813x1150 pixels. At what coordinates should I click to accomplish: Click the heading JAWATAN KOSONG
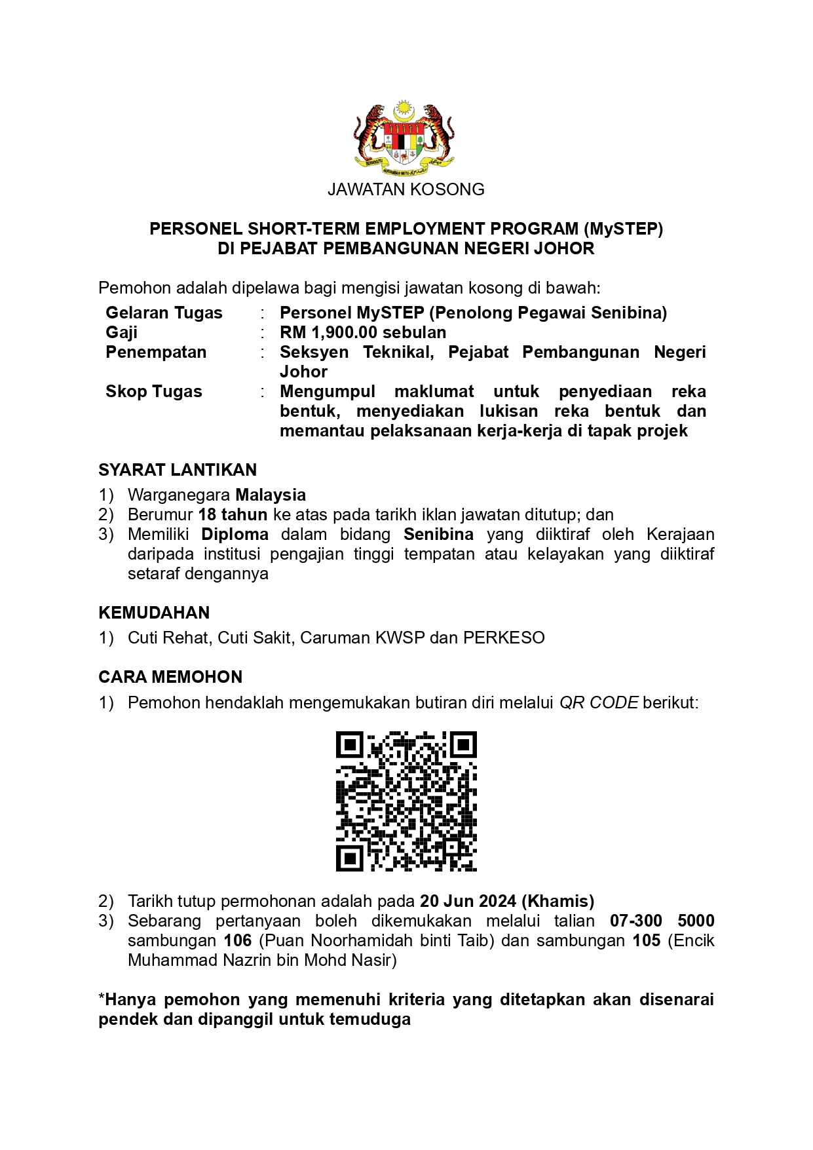406,189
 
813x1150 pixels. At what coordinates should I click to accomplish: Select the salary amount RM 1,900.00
328,332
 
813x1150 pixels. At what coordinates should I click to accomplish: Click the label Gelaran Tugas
164,313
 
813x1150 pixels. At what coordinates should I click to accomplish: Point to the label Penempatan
156,352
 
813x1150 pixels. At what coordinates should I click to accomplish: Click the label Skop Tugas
154,391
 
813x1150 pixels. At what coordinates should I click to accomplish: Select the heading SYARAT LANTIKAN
178,470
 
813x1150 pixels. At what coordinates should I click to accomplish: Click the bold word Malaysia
271,495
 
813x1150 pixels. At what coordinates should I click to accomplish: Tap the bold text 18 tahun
233,514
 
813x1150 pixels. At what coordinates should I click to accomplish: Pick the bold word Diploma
235,534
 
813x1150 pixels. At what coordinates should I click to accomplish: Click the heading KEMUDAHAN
154,613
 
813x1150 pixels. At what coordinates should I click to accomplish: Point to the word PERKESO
504,638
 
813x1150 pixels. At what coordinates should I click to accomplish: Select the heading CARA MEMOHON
170,677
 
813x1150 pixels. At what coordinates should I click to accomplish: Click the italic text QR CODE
598,702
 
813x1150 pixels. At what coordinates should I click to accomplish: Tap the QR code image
406,801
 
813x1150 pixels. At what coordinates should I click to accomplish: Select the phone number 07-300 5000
662,921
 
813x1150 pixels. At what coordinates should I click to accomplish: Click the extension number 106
238,940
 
